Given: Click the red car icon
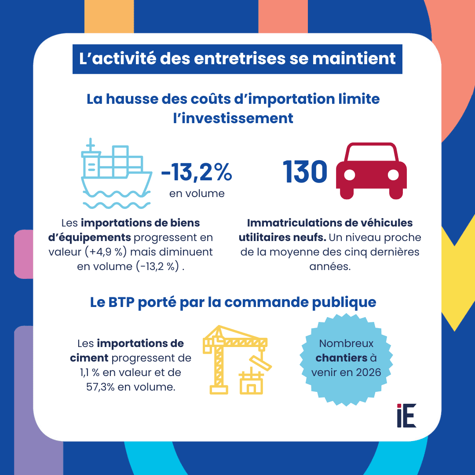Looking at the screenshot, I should (x=371, y=171).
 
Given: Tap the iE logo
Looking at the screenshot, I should (x=406, y=415).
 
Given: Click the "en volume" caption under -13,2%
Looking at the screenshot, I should (x=197, y=193).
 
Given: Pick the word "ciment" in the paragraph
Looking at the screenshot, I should (x=89, y=358).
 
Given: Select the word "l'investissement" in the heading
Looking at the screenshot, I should (x=233, y=118).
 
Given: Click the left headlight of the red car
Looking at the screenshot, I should (x=349, y=175).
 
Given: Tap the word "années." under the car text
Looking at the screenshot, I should (x=329, y=267).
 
